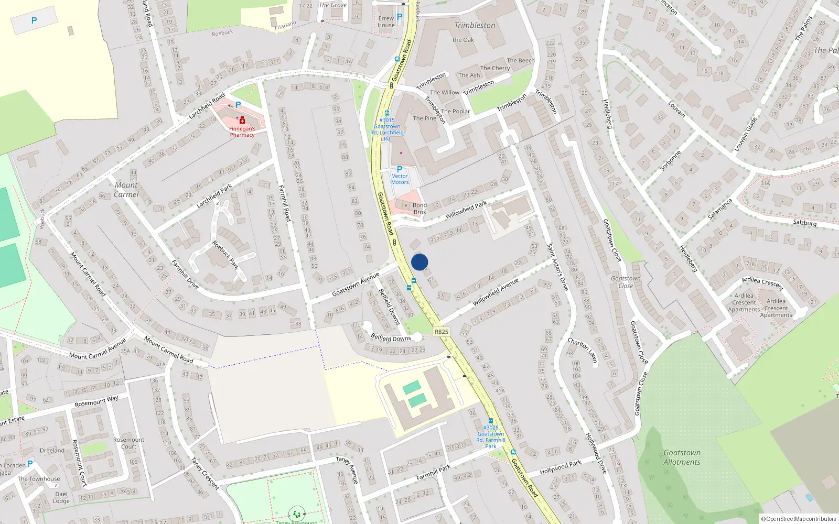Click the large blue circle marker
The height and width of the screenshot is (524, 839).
pyautogui.click(x=419, y=262)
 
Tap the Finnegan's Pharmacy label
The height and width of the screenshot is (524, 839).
pyautogui.click(x=242, y=132)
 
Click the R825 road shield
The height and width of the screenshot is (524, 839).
pyautogui.click(x=442, y=332)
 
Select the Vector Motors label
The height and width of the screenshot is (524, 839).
pyautogui.click(x=400, y=179)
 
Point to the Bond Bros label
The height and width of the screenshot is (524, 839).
pyautogui.click(x=419, y=209)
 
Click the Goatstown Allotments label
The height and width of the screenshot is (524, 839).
pyautogui.click(x=682, y=457)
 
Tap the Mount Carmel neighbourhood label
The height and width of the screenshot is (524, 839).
pyautogui.click(x=126, y=190)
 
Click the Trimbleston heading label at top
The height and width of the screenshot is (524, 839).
pyautogui.click(x=475, y=25)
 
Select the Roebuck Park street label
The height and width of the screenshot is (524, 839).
pyautogui.click(x=225, y=255)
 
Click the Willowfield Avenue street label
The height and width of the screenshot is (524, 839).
pyautogui.click(x=496, y=292)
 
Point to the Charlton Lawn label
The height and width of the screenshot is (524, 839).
pyautogui.click(x=583, y=350)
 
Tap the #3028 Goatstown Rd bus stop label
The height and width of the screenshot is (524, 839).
pyautogui.click(x=491, y=437)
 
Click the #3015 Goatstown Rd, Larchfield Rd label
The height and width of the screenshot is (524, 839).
pyautogui.click(x=387, y=129)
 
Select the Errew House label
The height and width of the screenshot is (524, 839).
pyautogui.click(x=386, y=21)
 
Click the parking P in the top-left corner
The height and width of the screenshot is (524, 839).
pyautogui.click(x=34, y=20)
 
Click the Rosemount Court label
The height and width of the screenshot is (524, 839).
pyautogui.click(x=128, y=443)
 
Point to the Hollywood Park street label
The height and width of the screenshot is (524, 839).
pyautogui.click(x=561, y=467)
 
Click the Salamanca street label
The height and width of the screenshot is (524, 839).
pyautogui.click(x=720, y=209)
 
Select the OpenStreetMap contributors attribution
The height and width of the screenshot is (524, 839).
pyautogui.click(x=798, y=519)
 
